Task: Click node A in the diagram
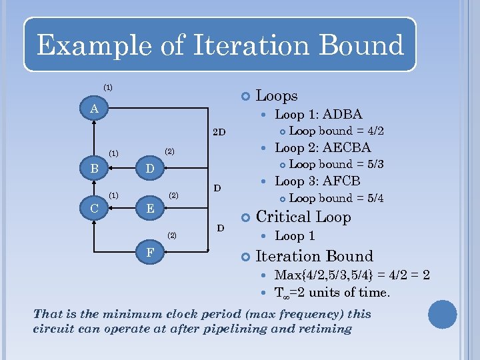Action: coord(95,108)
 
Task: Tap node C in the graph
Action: coord(95,209)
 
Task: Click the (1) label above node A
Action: coord(107,87)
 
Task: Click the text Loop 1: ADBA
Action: coord(319,114)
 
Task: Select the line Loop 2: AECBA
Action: coord(323,147)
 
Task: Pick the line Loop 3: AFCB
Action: coord(317,181)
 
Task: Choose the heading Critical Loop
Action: coord(303,217)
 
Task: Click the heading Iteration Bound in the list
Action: coord(314,256)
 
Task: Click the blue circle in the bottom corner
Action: coord(443,315)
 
